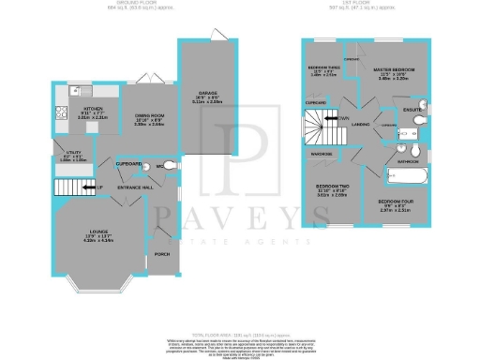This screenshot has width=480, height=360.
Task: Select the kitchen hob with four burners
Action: [61, 116]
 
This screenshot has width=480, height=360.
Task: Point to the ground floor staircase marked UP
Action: [78, 189]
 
